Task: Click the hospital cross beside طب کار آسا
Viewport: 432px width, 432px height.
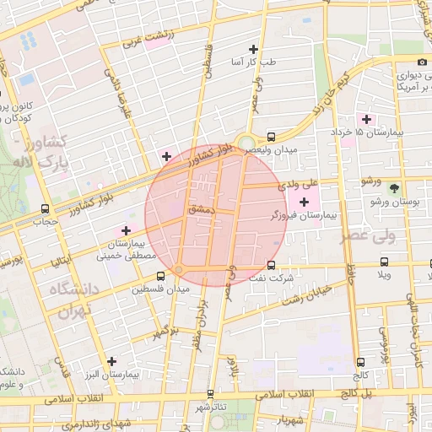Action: click(253, 49)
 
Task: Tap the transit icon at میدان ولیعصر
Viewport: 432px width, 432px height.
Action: click(271, 137)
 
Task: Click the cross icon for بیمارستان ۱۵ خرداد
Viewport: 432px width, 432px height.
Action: click(365, 119)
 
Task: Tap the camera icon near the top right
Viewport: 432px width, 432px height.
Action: click(422, 62)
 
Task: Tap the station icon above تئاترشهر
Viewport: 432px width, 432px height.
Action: click(210, 393)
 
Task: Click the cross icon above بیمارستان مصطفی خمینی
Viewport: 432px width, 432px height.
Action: click(126, 230)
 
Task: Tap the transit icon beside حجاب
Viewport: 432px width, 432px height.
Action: click(45, 208)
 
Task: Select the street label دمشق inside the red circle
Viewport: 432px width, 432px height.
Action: click(205, 207)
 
